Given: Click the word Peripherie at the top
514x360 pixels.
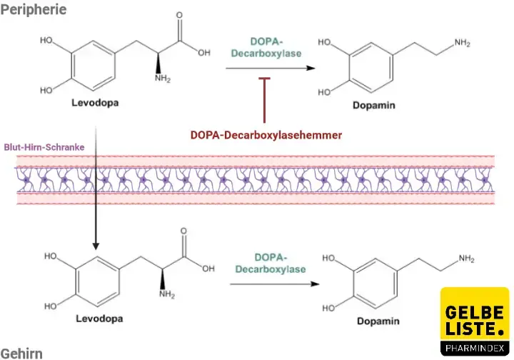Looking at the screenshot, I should click(34, 9).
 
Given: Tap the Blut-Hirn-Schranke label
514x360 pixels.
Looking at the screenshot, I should click(44, 146).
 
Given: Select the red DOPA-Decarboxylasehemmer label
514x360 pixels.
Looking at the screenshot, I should click(266, 134).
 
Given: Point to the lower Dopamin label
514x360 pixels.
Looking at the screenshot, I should click(379, 321).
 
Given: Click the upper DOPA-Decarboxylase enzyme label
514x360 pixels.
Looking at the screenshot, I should click(266, 47).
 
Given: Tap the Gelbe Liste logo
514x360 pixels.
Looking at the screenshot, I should click(475, 321).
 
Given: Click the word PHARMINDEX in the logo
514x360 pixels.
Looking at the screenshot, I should click(475, 348).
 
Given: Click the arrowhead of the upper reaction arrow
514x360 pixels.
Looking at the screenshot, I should click(311, 68).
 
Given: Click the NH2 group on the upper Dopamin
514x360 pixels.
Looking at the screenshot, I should click(462, 44).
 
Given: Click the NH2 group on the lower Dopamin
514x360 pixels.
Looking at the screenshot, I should click(466, 258).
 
